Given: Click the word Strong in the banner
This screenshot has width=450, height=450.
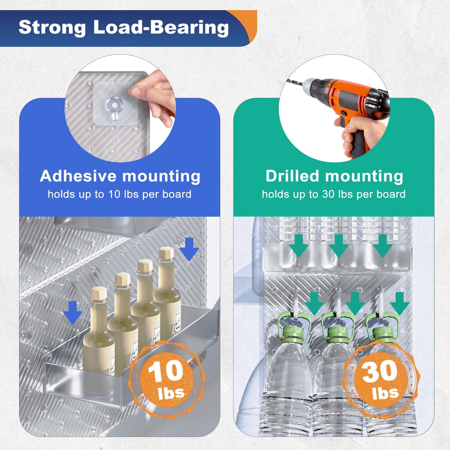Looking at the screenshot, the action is click(x=52, y=27).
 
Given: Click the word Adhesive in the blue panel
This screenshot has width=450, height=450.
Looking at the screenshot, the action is click(x=78, y=176).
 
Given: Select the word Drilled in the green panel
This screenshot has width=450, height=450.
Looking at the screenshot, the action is click(x=292, y=176).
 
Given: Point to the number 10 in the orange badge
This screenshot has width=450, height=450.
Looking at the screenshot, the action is click(x=165, y=371).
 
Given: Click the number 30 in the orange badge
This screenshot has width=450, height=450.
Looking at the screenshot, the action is click(x=379, y=371).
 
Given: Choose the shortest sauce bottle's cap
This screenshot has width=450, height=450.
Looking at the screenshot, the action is click(x=99, y=293).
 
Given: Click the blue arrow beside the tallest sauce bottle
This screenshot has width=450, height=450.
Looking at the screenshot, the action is click(x=189, y=249).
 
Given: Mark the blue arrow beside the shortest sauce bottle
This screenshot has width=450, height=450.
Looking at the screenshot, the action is click(x=73, y=313).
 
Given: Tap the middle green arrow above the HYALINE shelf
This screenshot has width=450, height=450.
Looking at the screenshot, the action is click(x=339, y=246).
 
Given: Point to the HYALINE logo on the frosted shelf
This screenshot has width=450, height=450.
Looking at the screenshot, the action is click(x=401, y=268).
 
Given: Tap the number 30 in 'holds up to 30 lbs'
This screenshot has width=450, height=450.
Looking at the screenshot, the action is click(x=329, y=194).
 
